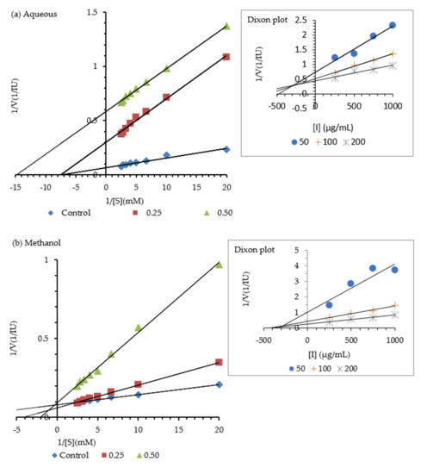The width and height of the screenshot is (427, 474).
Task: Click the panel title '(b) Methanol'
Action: (34, 244)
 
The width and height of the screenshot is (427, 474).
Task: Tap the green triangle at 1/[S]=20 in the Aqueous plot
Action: (226, 26)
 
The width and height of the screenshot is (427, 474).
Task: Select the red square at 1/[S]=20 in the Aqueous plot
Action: (226, 57)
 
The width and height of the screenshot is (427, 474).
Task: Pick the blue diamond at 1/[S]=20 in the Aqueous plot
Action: (226, 149)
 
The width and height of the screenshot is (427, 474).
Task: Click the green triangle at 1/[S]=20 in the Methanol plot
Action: (219, 264)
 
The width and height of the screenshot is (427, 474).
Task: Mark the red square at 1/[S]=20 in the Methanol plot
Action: (219, 362)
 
